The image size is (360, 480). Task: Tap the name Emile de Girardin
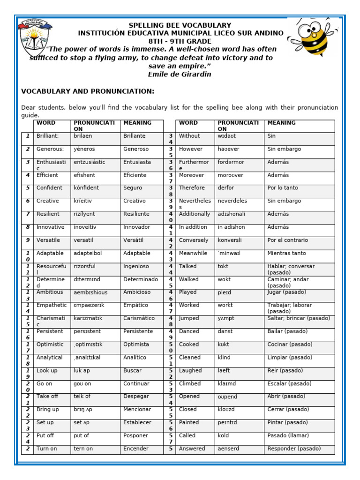(x=180, y=74)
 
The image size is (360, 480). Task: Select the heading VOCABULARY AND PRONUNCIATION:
(x=88, y=91)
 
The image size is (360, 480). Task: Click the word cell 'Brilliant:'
(x=47, y=136)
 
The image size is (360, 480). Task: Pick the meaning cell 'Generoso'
(x=136, y=149)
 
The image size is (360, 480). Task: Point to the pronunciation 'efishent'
(x=84, y=175)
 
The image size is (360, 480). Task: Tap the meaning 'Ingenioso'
(x=136, y=266)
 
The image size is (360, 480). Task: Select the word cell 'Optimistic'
(x=50, y=345)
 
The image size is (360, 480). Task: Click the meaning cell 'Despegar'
(x=136, y=397)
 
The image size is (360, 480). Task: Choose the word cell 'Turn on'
(x=47, y=449)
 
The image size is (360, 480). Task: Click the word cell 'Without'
(x=189, y=136)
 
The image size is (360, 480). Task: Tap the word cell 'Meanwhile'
(x=193, y=253)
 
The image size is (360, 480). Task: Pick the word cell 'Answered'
(x=192, y=449)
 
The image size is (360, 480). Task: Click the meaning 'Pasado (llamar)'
(x=288, y=435)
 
